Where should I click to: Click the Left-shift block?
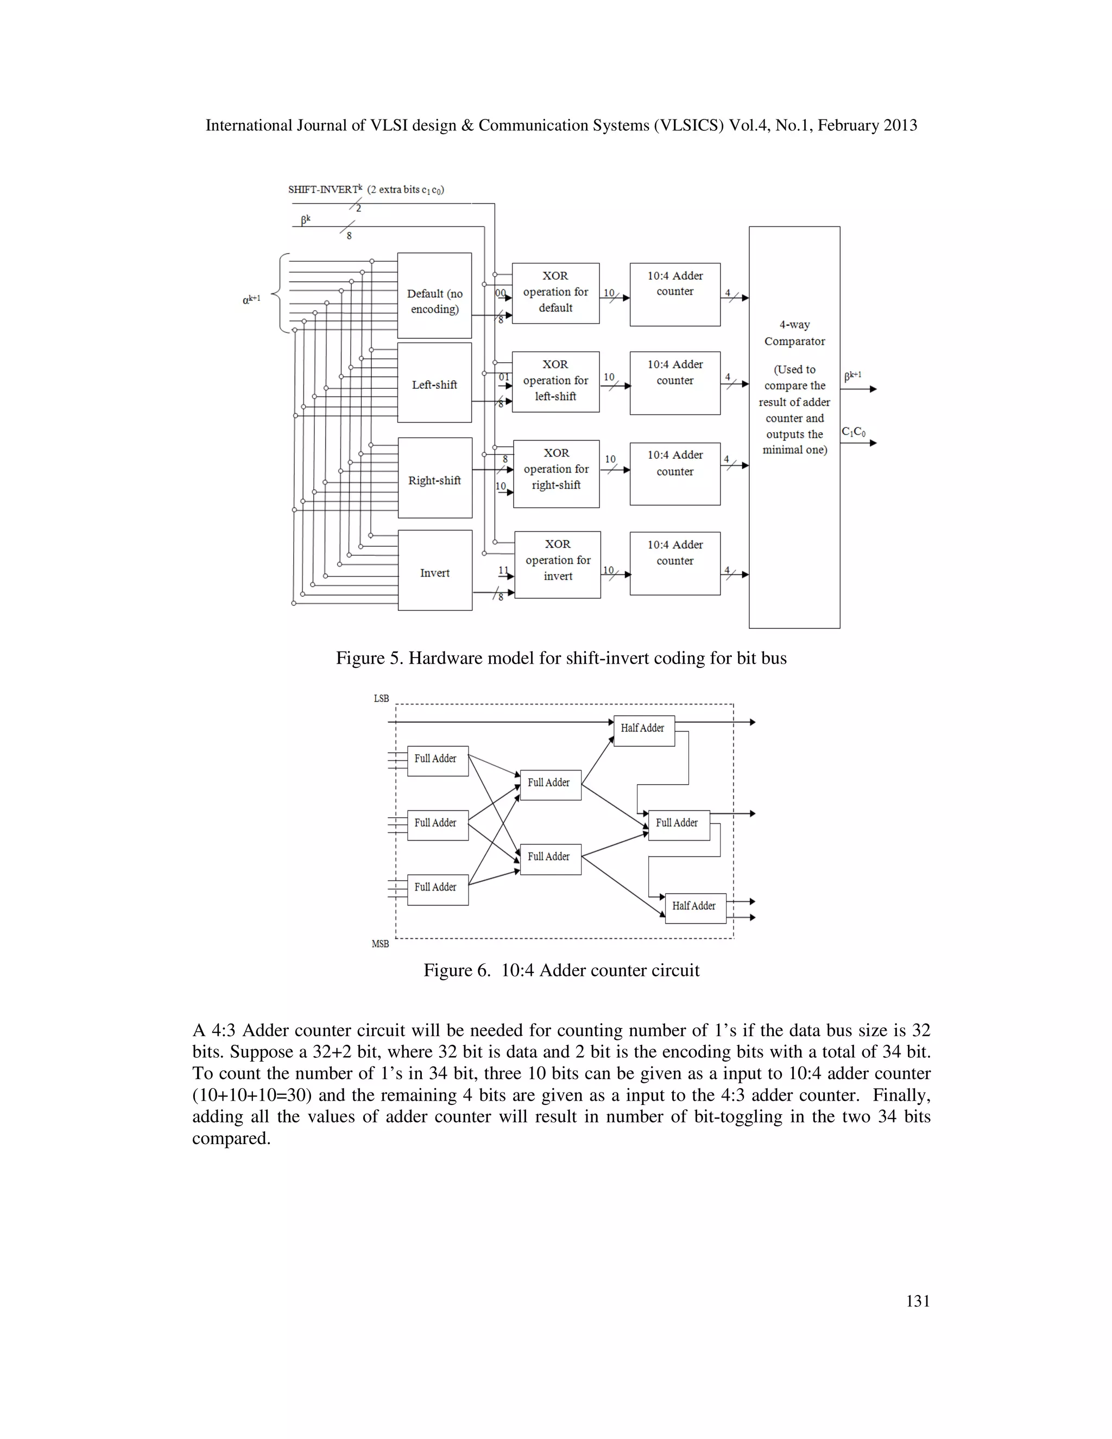(x=434, y=383)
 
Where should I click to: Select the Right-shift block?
(x=434, y=478)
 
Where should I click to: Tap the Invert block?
(x=435, y=571)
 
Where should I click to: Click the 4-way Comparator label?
(x=794, y=333)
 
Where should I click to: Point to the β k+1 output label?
(x=852, y=376)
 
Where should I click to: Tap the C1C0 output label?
(x=853, y=432)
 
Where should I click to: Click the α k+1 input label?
(x=251, y=300)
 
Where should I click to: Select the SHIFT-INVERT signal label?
(x=325, y=189)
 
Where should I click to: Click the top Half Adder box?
(x=643, y=730)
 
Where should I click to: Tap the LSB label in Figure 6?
(x=381, y=698)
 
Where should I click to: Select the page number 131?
(x=918, y=1301)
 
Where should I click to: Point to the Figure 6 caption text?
(x=561, y=970)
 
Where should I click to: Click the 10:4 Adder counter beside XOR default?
(x=674, y=294)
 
